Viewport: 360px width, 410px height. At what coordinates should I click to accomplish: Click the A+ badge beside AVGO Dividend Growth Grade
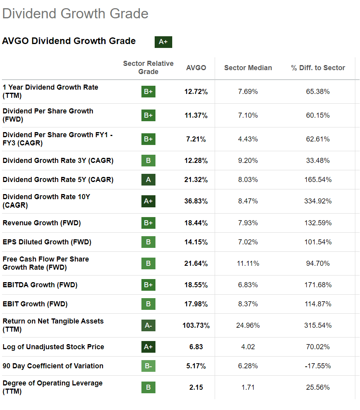(x=163, y=42)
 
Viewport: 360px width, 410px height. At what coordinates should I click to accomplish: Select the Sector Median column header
(x=248, y=68)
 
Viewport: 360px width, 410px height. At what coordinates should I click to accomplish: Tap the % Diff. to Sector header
(x=318, y=68)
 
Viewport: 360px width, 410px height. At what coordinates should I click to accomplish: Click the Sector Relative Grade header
(x=148, y=67)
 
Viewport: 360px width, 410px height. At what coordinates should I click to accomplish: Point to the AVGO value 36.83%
(x=196, y=201)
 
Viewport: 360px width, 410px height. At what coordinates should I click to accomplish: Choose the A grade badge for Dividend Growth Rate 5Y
(x=148, y=180)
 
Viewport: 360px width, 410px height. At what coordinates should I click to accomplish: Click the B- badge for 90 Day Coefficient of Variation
(x=148, y=366)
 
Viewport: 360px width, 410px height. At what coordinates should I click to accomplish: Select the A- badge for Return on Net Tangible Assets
(x=148, y=325)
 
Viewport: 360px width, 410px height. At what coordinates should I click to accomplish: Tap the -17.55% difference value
(x=318, y=366)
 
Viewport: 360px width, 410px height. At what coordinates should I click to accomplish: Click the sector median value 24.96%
(x=248, y=325)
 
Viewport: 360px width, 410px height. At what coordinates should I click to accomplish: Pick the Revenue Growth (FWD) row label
(x=42, y=223)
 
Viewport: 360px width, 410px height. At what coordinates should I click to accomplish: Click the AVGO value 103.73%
(x=196, y=325)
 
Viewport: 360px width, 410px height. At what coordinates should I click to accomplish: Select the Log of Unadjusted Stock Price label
(x=53, y=347)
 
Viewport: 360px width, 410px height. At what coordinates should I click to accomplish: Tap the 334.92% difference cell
(x=318, y=201)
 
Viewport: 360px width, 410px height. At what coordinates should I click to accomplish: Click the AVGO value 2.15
(x=196, y=387)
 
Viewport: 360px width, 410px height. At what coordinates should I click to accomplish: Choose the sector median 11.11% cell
(x=248, y=263)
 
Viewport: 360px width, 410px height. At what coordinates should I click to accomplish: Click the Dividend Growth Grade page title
(x=75, y=14)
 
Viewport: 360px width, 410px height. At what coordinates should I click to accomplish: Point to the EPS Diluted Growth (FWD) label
(x=47, y=242)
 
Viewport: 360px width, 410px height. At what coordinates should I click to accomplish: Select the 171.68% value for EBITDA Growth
(x=318, y=285)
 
